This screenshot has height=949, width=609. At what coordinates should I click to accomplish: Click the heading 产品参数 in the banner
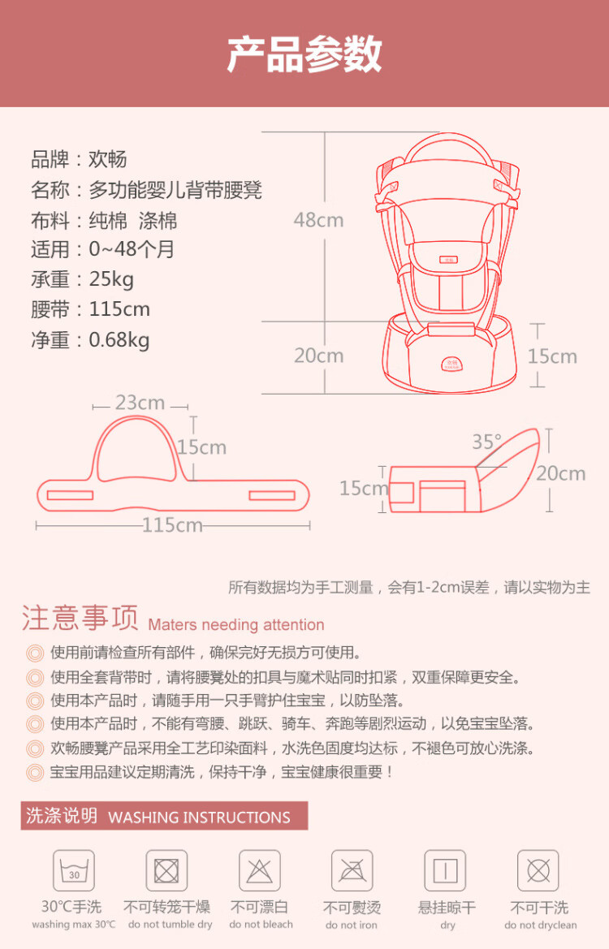click(304, 54)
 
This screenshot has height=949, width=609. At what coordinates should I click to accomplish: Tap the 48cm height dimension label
click(318, 220)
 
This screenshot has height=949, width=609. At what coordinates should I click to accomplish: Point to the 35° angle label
click(487, 442)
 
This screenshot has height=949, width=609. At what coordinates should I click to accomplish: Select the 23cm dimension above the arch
click(140, 403)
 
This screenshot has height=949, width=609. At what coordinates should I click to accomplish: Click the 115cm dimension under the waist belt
click(172, 524)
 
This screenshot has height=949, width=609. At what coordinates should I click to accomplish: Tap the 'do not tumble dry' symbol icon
click(166, 871)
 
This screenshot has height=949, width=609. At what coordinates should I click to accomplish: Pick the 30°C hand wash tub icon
click(74, 871)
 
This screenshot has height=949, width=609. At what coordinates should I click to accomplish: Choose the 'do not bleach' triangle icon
click(260, 871)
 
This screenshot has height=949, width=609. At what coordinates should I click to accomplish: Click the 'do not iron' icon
click(352, 871)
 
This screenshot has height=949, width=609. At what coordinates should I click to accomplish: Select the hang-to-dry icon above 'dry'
click(445, 871)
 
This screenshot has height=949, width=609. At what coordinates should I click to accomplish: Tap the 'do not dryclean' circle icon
click(538, 871)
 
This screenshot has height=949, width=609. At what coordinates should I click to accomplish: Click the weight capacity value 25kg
click(111, 279)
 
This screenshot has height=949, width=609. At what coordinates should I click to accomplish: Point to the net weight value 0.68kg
click(119, 339)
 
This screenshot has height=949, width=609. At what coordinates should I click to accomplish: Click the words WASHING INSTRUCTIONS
click(199, 817)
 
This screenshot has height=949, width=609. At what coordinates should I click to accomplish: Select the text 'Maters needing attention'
click(236, 624)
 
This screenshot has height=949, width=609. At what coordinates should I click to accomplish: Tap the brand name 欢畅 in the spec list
click(108, 159)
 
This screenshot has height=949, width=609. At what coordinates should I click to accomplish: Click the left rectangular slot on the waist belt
click(70, 496)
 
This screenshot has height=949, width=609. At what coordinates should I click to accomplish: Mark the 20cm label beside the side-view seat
click(561, 473)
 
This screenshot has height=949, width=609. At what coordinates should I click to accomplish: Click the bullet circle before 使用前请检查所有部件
click(35, 653)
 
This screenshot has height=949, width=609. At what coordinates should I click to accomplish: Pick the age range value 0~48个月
click(132, 249)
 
